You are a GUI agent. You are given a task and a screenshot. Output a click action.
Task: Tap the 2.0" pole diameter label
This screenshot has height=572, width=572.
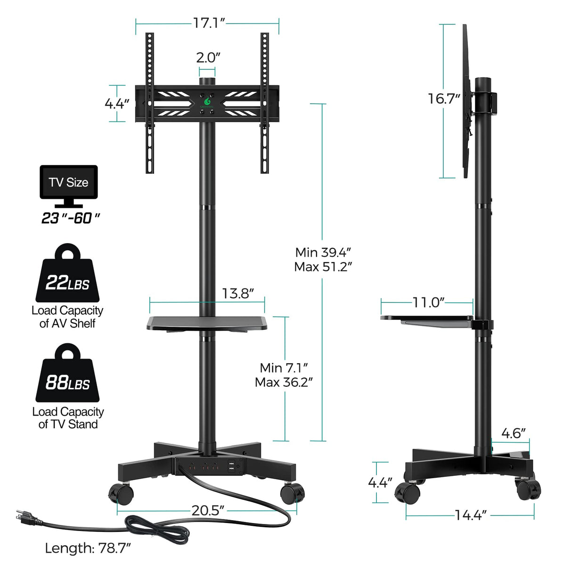[208, 57]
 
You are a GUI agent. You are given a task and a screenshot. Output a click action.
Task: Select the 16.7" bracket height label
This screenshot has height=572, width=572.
[443, 98]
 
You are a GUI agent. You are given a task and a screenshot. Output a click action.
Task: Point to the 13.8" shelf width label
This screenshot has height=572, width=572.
[238, 294]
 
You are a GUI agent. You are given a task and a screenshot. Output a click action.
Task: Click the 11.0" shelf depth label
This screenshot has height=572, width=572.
[428, 302]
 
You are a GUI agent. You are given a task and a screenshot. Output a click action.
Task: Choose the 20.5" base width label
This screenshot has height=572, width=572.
[207, 510]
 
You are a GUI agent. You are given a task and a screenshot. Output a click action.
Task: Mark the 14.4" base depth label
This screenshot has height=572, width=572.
[470, 515]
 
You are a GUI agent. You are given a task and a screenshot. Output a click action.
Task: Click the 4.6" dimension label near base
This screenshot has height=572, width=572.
[513, 433]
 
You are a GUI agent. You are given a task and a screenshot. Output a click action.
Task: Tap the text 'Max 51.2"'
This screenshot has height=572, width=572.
[323, 267]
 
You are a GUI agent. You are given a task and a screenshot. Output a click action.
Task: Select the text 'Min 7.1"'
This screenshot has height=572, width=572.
[284, 368]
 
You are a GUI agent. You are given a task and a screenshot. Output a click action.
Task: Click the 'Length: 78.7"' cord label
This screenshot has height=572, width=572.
[88, 548]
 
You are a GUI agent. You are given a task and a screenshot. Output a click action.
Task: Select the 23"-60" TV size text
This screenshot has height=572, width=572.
[71, 218]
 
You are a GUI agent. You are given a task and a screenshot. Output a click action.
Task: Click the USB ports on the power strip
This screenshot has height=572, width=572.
[232, 466]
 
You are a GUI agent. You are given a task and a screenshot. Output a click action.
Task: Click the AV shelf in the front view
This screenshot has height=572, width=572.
[207, 323]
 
